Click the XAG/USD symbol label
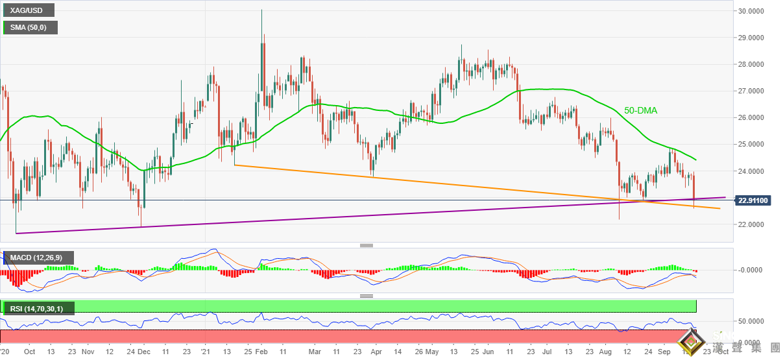click(x=28, y=11)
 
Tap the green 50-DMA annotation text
click(x=640, y=111)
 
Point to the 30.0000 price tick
click(x=753, y=11)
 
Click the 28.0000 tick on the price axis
click(x=753, y=65)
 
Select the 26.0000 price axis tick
click(x=753, y=118)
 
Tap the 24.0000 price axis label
click(x=753, y=171)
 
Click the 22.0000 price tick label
click(x=753, y=224)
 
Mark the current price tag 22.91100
click(x=753, y=200)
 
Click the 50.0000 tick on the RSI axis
click(x=753, y=321)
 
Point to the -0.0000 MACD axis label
click(x=753, y=270)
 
